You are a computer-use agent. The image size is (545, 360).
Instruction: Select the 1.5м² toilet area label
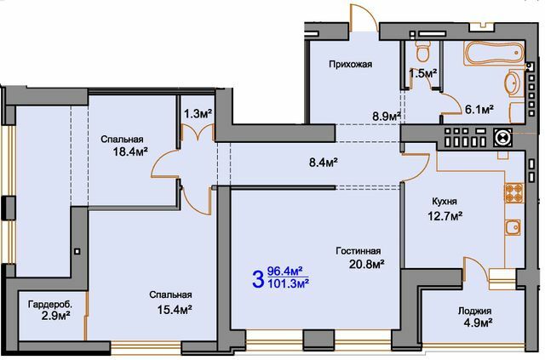[422, 74]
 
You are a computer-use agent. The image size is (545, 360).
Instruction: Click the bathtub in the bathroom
[493, 55]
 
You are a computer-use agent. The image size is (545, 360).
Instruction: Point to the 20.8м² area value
[367, 265]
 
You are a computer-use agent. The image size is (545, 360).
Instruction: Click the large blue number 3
[256, 278]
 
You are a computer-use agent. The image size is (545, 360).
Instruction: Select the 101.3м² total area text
[288, 284]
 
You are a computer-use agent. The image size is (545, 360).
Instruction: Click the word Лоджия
[474, 311]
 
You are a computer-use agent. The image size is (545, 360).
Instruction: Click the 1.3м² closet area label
[198, 111]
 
